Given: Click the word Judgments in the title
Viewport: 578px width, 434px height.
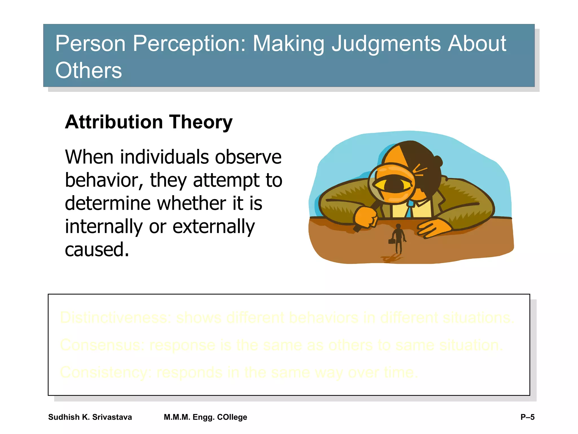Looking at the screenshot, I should pyautogui.click(x=386, y=44).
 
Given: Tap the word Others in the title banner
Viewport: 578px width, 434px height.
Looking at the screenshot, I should pyautogui.click(x=88, y=71).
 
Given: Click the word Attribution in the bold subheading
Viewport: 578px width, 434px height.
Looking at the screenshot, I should pyautogui.click(x=114, y=122).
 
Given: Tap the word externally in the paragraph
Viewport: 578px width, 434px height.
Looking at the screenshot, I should pyautogui.click(x=213, y=227).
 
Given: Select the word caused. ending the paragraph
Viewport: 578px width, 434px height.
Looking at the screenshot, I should pyautogui.click(x=97, y=250).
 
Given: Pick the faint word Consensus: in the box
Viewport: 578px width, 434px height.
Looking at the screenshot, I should pyautogui.click(x=102, y=345).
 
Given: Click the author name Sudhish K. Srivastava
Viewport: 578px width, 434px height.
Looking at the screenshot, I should pyautogui.click(x=90, y=417).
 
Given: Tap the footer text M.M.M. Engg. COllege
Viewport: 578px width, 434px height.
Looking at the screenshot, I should pyautogui.click(x=205, y=417).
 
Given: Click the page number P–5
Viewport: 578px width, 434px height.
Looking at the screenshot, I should pyautogui.click(x=527, y=417).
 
